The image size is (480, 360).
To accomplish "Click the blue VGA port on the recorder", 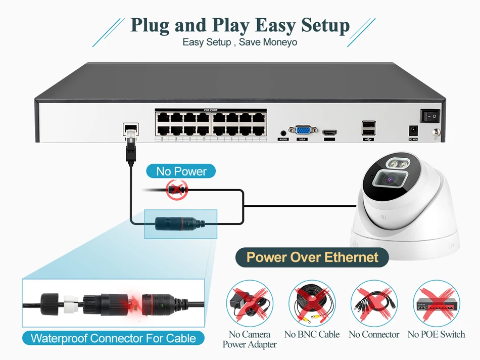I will pyautogui.click(x=303, y=130).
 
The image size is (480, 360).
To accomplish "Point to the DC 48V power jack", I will pyautogui.click(x=412, y=129).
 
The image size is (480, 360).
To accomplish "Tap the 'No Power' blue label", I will pyautogui.click(x=181, y=171).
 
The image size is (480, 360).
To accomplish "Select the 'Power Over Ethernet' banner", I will pyautogui.click(x=312, y=257).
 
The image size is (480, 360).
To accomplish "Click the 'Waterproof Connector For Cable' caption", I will pyautogui.click(x=113, y=338).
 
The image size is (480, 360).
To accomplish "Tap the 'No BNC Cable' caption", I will pyautogui.click(x=312, y=334).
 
